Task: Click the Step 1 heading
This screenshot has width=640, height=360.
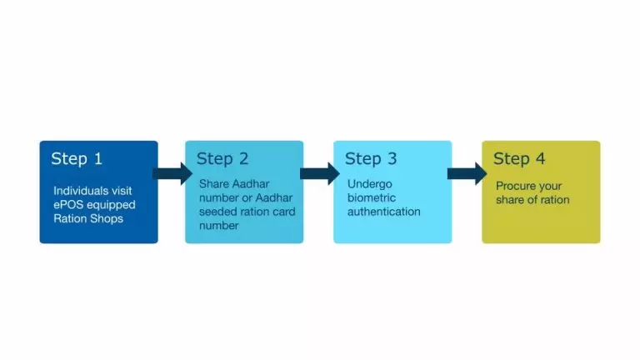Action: point(77,159)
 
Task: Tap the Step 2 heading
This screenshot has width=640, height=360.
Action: point(222,159)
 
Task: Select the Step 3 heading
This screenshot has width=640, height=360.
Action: point(371,159)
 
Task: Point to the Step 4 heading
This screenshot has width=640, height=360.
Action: point(519,159)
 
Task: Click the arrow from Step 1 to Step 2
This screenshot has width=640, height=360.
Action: point(172,173)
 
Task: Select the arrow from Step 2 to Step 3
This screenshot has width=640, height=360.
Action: point(320,173)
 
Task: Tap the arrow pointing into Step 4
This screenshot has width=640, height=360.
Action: point(467,173)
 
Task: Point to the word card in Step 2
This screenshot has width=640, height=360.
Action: point(284,212)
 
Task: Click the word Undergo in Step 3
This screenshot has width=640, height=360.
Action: point(369,184)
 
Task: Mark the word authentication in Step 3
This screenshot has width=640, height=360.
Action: point(383,212)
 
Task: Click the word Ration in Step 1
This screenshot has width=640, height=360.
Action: point(67,219)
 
